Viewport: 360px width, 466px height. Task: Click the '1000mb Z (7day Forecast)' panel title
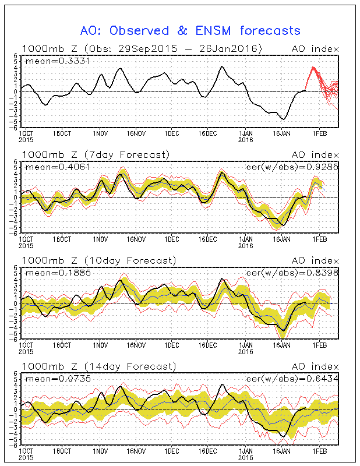tap(96, 154)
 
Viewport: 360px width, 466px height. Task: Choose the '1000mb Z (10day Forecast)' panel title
tap(98, 260)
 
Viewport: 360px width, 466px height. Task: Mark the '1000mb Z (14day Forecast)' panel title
tap(98, 366)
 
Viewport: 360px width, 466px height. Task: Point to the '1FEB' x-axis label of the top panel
tap(319, 133)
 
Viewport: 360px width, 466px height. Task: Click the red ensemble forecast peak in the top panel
tap(313, 67)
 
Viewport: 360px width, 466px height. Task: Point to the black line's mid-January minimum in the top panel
tap(284, 119)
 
